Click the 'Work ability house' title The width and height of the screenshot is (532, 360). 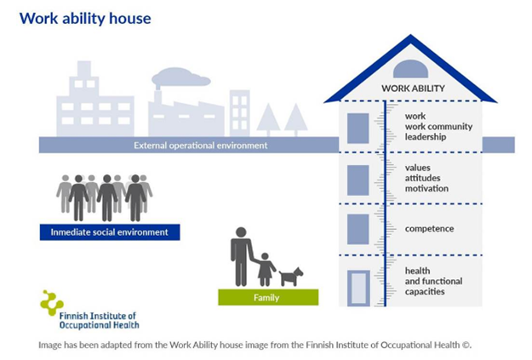[85, 19]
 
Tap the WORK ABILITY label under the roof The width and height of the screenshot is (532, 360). [413, 89]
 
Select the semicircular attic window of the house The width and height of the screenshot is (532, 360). [410, 69]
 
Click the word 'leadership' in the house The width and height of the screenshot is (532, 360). [426, 137]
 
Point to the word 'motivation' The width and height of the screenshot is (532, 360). [426, 189]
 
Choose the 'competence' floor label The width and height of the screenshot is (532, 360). [429, 229]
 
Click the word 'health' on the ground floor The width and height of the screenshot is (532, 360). [417, 271]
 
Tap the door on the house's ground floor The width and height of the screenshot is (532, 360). [358, 289]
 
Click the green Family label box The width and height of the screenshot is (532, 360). [268, 297]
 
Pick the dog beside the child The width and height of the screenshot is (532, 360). [291, 277]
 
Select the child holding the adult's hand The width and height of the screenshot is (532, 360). [266, 270]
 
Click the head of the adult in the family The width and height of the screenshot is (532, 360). [241, 232]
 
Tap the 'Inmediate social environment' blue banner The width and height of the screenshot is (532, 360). [110, 232]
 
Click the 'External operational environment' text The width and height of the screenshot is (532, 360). [201, 146]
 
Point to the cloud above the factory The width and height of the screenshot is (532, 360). [180, 77]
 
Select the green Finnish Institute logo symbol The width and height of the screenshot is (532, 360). [52, 303]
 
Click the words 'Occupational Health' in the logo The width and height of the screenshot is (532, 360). [99, 325]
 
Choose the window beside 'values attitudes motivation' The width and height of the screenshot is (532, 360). [358, 180]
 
